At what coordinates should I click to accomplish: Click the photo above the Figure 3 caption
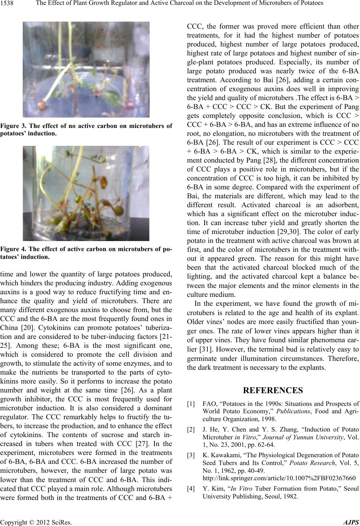point(86,69)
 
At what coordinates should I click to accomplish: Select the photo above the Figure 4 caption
point(86,193)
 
